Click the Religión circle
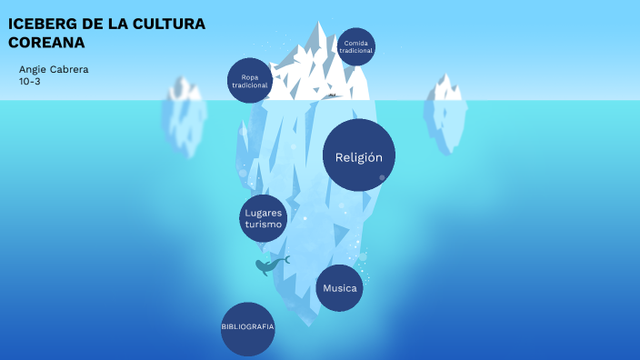point(359,155)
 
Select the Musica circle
point(340,289)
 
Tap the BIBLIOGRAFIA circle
point(247,326)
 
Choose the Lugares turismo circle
point(264,218)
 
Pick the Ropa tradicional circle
point(250,81)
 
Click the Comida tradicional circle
point(356,46)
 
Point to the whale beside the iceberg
point(270,265)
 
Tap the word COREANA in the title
point(46,42)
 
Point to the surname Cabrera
point(69,70)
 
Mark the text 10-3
point(29,82)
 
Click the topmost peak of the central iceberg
point(319,25)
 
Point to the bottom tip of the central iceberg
point(314,323)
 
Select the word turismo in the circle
point(264,224)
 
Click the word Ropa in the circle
point(250,76)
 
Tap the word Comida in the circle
point(356,43)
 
